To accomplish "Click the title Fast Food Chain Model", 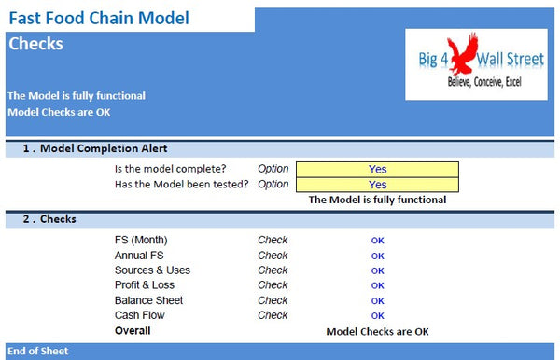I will point(98,18).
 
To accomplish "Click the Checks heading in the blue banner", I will point(35,44).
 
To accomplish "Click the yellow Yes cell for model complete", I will point(377,169).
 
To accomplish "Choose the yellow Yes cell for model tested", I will point(377,184).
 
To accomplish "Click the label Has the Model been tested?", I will point(181,184).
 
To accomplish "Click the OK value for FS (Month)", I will point(377,241).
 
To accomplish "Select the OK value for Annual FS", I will point(377,256).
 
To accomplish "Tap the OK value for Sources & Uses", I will point(377,270).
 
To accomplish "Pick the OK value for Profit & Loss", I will point(377,285).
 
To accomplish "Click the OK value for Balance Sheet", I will point(377,300).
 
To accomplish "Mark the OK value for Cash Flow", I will point(377,315).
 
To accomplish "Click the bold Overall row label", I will point(133,330).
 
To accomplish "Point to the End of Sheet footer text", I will point(37,352).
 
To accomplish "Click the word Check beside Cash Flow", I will point(273,315).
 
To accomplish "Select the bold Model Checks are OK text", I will point(378,331).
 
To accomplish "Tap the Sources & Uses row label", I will point(152,270).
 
